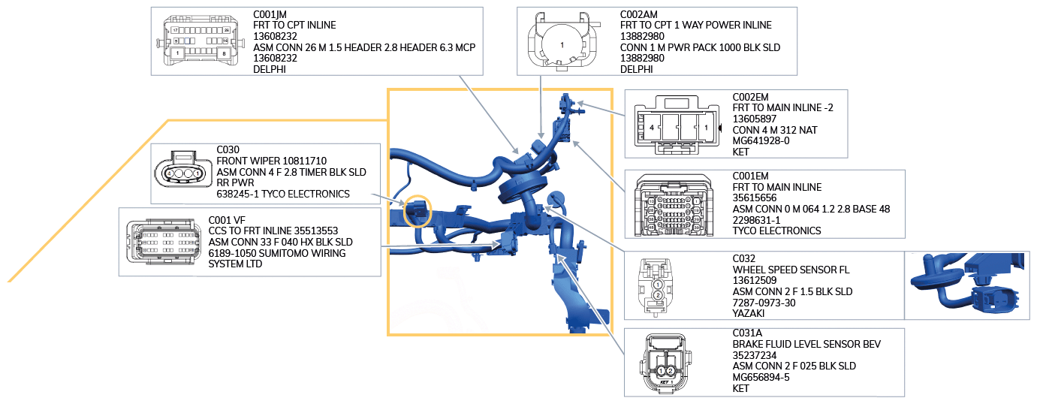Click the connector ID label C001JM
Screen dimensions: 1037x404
[270, 14]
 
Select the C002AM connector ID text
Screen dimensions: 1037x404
[638, 14]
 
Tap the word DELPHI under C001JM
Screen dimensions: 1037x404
[270, 69]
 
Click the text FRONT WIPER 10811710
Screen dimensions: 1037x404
[271, 161]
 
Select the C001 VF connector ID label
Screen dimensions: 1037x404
[227, 220]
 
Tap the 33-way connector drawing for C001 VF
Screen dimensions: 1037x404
[163, 242]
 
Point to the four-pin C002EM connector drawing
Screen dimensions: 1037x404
[676, 125]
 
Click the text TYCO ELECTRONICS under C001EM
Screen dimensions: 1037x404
[776, 231]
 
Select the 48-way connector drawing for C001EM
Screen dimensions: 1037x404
[674, 205]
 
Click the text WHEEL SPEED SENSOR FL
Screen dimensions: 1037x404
[791, 270]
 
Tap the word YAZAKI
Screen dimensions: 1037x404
[748, 313]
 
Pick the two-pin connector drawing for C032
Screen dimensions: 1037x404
[656, 287]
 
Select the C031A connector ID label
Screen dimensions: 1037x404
[747, 333]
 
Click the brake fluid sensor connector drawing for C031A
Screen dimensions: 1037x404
[666, 363]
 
